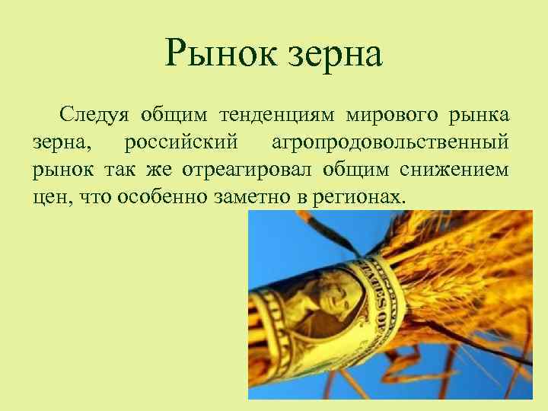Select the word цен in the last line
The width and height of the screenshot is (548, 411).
(48, 197)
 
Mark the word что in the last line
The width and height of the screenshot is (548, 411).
(86, 197)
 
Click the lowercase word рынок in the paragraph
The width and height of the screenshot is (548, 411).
(59, 170)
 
